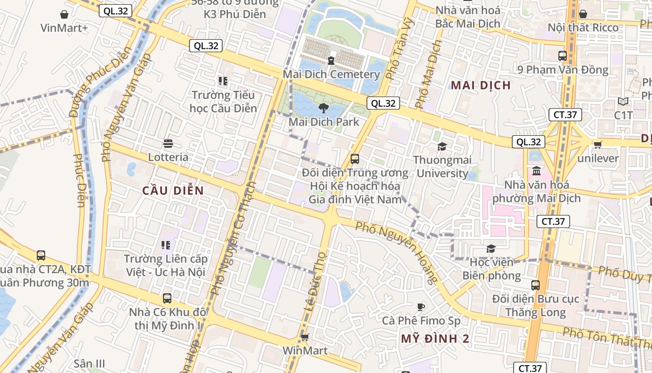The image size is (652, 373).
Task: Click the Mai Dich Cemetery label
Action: click(331, 74)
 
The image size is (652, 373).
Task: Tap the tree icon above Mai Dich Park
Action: click(322, 108)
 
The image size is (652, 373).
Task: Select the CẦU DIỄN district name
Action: click(173, 191)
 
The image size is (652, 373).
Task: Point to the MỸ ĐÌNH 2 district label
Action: click(435, 339)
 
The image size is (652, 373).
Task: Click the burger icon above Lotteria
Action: click(168, 143)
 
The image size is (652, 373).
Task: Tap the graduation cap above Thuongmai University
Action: click(441, 146)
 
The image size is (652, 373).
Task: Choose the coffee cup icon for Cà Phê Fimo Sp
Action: click(421, 306)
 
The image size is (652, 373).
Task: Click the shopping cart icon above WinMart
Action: click(305, 337)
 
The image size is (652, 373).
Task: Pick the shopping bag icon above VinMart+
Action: click(64, 14)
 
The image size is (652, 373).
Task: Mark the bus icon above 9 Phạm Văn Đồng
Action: click(562, 55)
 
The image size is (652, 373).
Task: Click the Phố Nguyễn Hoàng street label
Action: click(396, 252)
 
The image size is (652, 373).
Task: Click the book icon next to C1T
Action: click(623, 101)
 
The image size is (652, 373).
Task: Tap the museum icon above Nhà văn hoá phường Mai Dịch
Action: click(536, 171)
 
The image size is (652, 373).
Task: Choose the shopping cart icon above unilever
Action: click(598, 145)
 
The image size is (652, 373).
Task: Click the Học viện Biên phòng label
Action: click(491, 269)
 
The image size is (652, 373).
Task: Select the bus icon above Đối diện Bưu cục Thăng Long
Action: click(536, 285)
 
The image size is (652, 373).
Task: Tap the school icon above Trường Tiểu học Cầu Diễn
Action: click(223, 81)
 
